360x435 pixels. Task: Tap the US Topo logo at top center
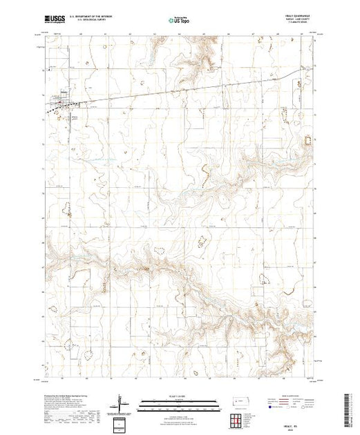coord(179,20)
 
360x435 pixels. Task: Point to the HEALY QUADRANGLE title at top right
coord(296,17)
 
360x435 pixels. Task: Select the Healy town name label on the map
coord(60,99)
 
